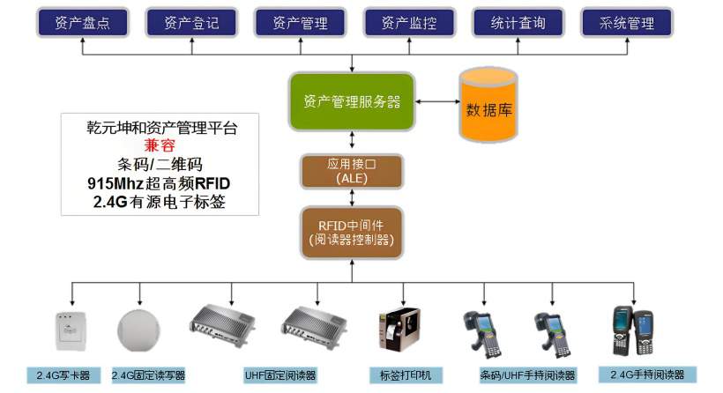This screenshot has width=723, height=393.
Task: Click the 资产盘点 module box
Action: pyautogui.click(x=82, y=23)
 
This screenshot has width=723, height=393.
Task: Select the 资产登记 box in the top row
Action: pyautogui.click(x=191, y=23)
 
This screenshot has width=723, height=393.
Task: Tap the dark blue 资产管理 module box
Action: pyautogui.click(x=301, y=23)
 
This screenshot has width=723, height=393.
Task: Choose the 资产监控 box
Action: pyautogui.click(x=410, y=23)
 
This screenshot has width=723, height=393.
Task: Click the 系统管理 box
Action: pyautogui.click(x=627, y=23)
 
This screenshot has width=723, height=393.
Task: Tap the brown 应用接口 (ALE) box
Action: pyautogui.click(x=353, y=170)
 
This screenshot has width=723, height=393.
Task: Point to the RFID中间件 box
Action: pyautogui.click(x=353, y=232)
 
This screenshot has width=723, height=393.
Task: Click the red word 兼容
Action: pyautogui.click(x=160, y=145)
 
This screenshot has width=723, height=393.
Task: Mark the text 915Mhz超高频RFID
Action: pyautogui.click(x=160, y=182)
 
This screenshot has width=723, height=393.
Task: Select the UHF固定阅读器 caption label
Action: pyautogui.click(x=280, y=375)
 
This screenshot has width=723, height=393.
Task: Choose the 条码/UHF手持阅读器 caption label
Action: pyautogui.click(x=527, y=375)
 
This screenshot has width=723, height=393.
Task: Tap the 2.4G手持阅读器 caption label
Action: pyautogui.click(x=647, y=374)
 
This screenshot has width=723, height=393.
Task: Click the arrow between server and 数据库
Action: pyautogui.click(x=436, y=102)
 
